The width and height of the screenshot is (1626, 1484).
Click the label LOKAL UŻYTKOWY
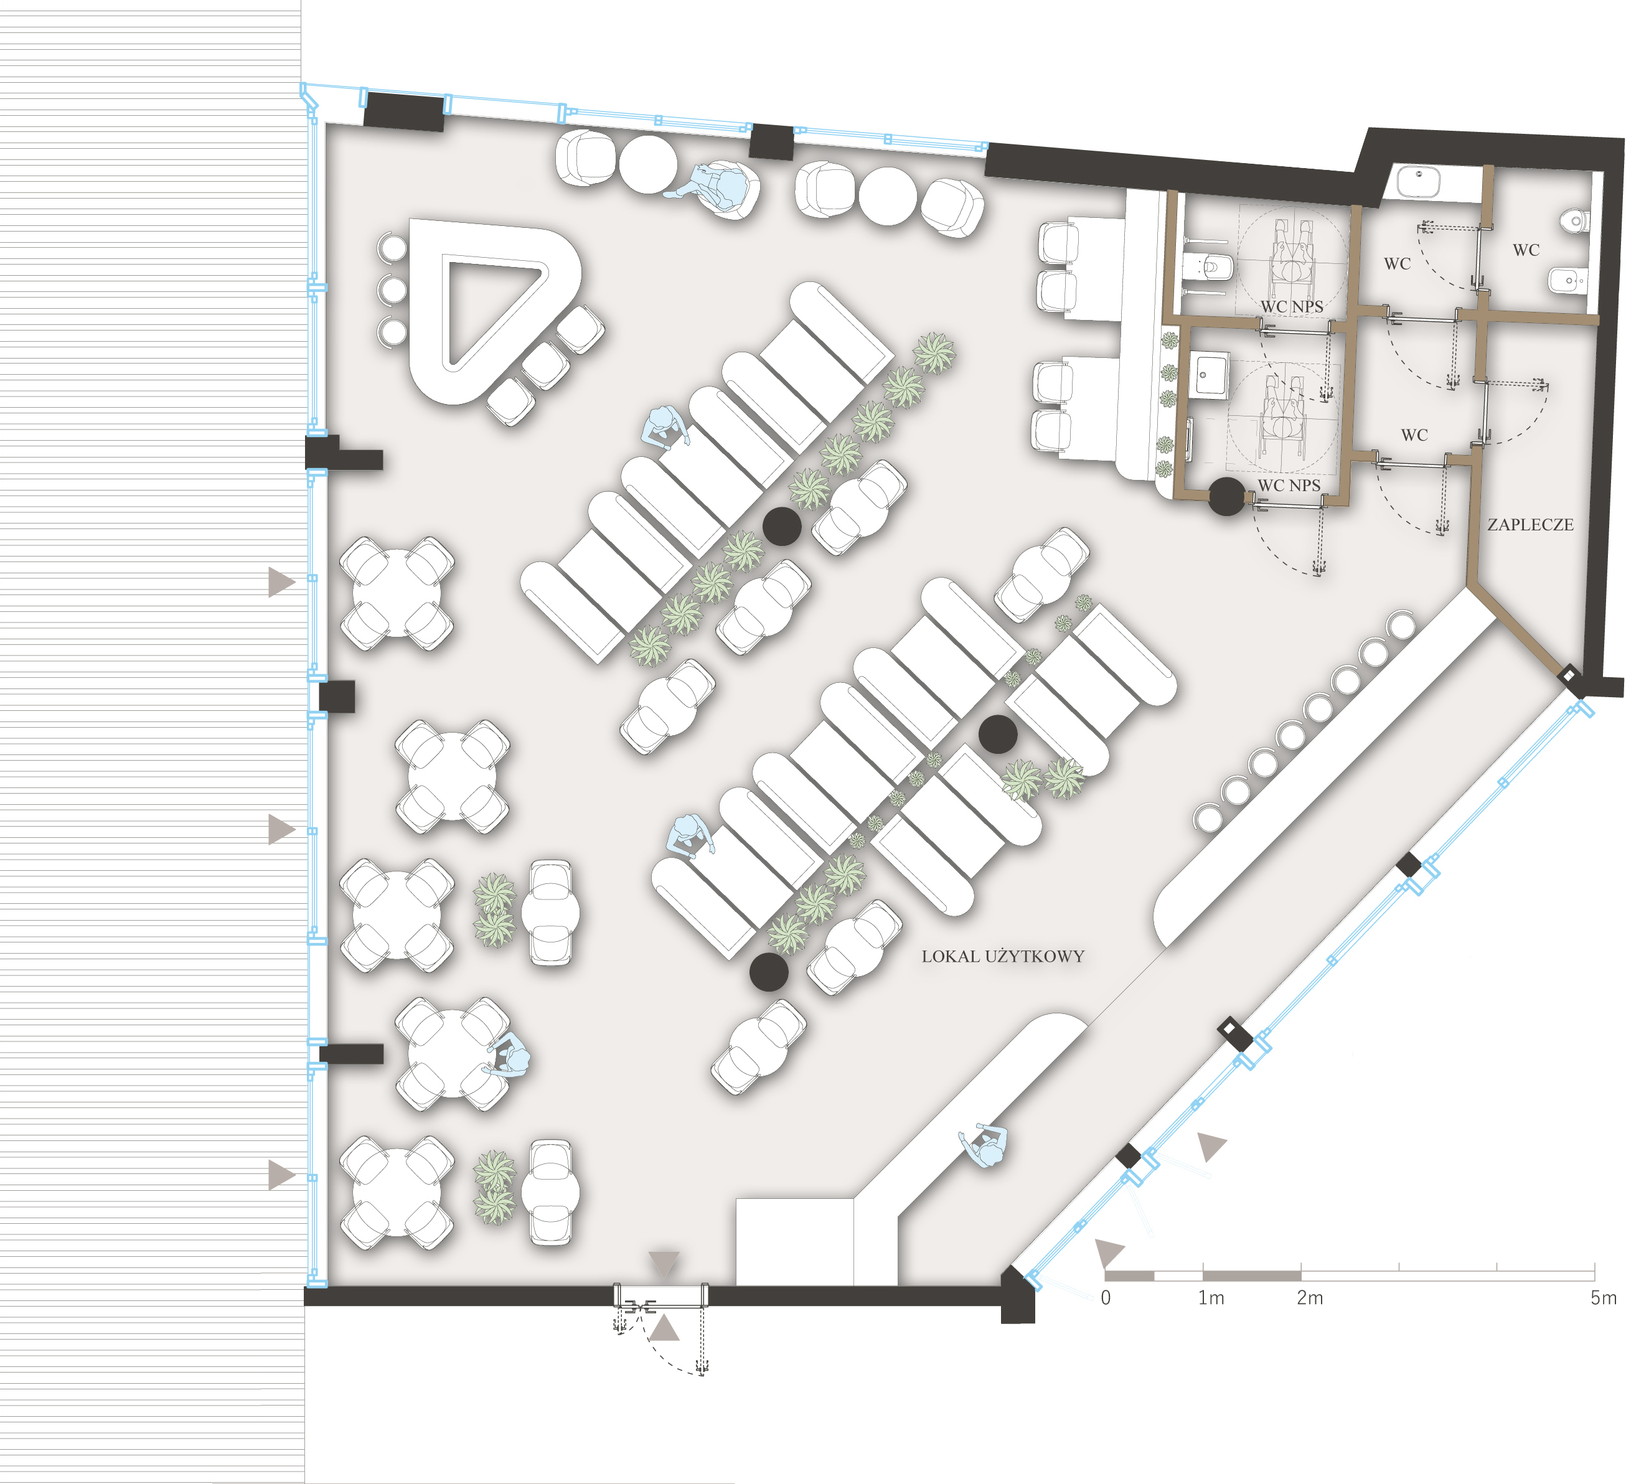click(x=1002, y=957)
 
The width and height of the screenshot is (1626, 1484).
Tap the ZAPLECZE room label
click(x=1530, y=525)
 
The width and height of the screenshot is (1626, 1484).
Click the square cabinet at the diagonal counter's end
click(x=794, y=1241)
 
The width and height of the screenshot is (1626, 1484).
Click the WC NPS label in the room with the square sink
click(x=1289, y=486)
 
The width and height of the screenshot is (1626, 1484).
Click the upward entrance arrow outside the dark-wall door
click(x=665, y=1328)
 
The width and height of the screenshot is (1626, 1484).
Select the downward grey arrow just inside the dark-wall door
click(x=665, y=1264)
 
